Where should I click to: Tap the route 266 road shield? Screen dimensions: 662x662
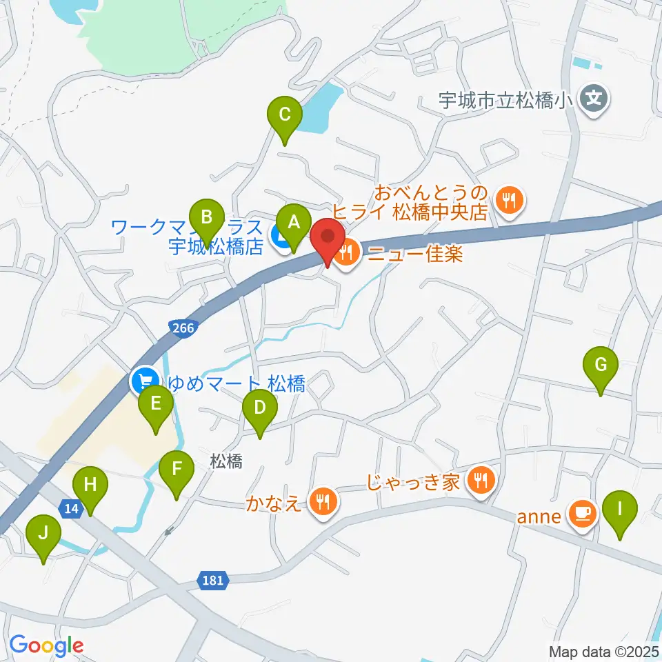point(183,328)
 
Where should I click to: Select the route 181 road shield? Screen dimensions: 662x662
point(213,580)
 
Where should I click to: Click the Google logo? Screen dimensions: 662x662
point(47,645)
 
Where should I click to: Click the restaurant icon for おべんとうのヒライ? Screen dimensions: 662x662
point(511,201)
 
